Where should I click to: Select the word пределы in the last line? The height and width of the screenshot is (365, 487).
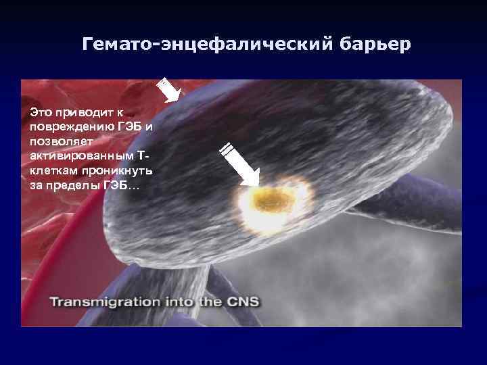point(72,185)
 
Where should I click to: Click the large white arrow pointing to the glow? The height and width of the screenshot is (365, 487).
point(239,163)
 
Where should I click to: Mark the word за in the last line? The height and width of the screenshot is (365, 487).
point(36,185)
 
